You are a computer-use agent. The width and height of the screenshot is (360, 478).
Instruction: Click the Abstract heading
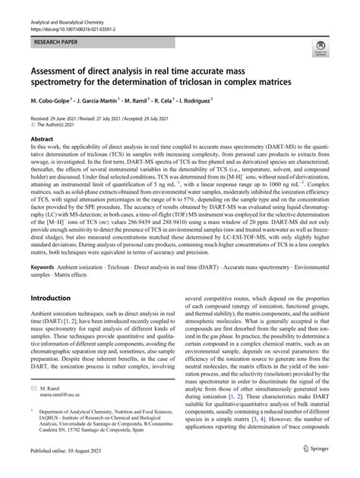[x=43, y=141]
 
